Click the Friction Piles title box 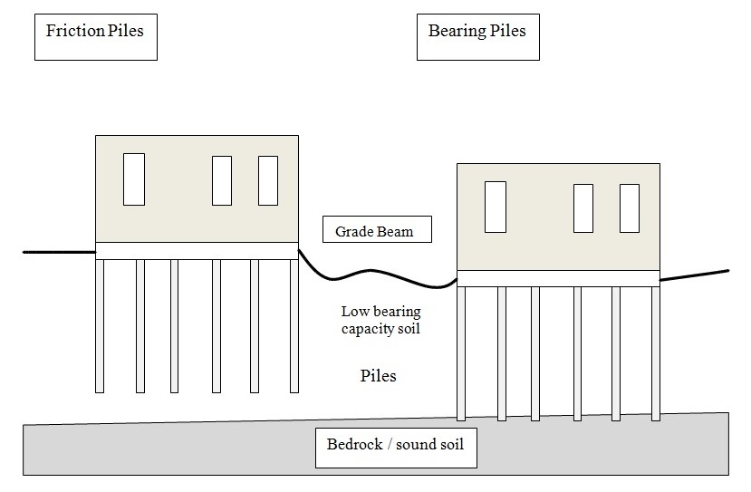(95, 36)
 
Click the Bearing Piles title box (477, 36)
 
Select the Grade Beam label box (377, 230)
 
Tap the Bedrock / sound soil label (396, 447)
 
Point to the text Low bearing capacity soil (380, 320)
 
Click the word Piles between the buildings (378, 374)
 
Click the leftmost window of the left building (134, 179)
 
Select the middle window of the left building (222, 180)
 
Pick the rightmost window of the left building (268, 180)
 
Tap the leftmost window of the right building (495, 207)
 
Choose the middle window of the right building (583, 207)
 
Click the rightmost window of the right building (630, 207)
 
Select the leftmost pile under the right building (461, 353)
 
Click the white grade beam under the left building (197, 250)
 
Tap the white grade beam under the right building (557, 278)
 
